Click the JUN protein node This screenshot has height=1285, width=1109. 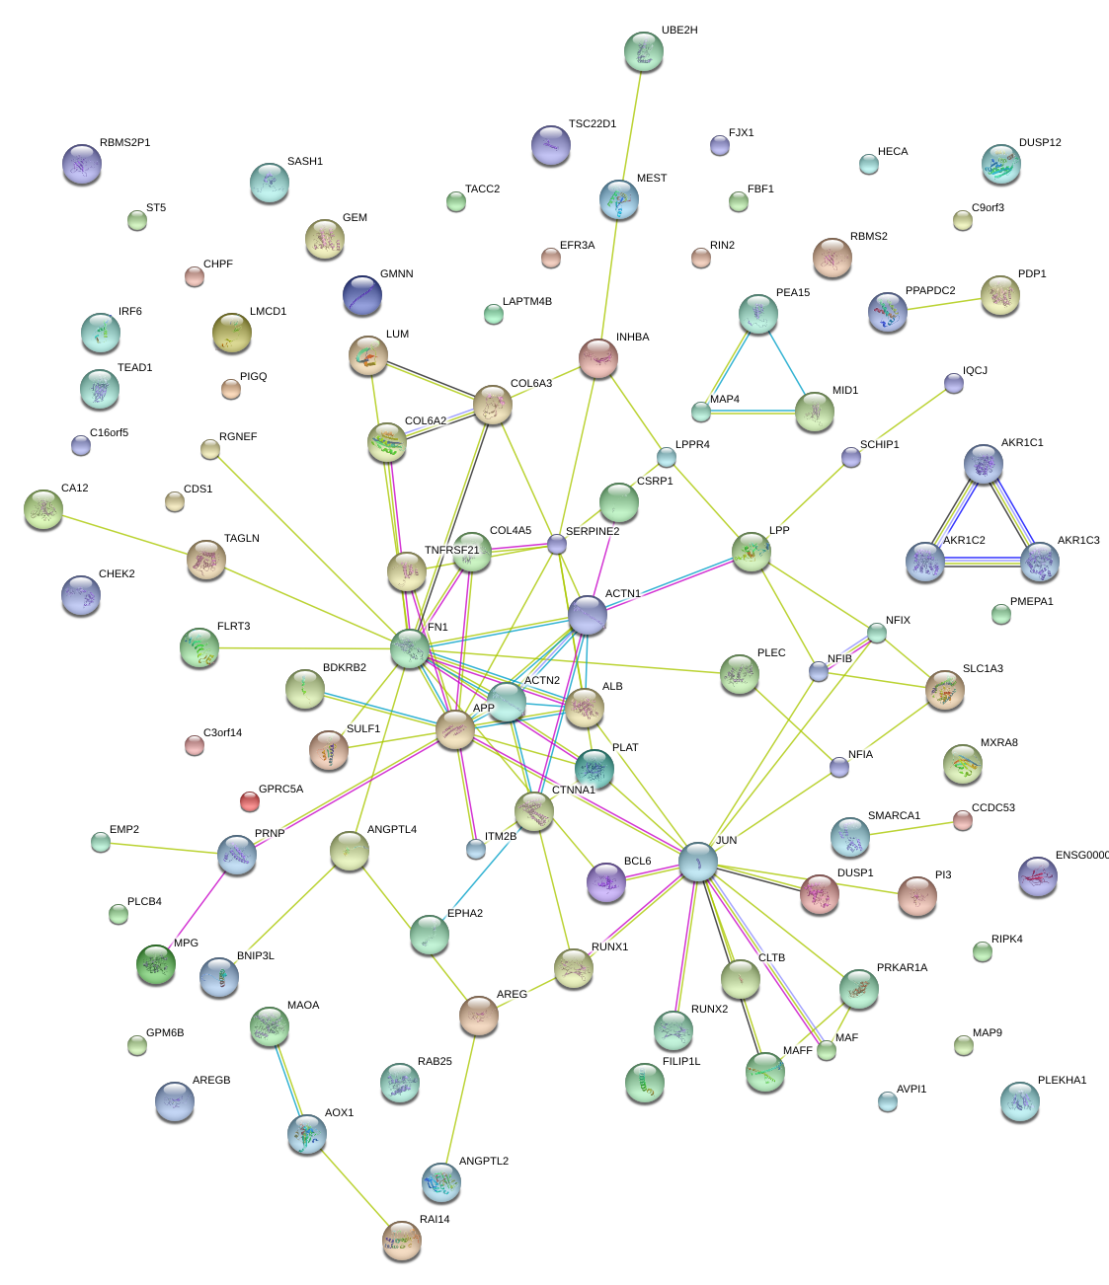pos(697,862)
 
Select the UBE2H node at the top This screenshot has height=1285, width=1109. pos(644,51)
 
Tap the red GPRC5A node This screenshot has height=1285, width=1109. pos(250,801)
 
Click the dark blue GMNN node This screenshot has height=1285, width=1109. pos(362,295)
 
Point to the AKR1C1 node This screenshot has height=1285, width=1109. pos(983,464)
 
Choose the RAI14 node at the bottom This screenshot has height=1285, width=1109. pos(402,1240)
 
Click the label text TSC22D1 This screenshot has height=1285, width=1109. pos(592,124)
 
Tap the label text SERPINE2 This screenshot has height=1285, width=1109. pos(593,532)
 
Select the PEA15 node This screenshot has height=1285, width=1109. pos(758,314)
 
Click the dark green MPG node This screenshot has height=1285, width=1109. pos(156,964)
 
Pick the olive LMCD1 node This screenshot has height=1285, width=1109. pos(232,334)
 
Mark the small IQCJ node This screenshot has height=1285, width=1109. pos(953,383)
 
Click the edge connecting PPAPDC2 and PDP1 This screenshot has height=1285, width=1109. pos(943,303)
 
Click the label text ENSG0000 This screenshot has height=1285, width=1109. pos(1081,856)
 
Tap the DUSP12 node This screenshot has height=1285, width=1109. pos(1001,165)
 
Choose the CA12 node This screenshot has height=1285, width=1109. pos(43,509)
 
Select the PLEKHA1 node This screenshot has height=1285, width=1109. pos(1019,1101)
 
